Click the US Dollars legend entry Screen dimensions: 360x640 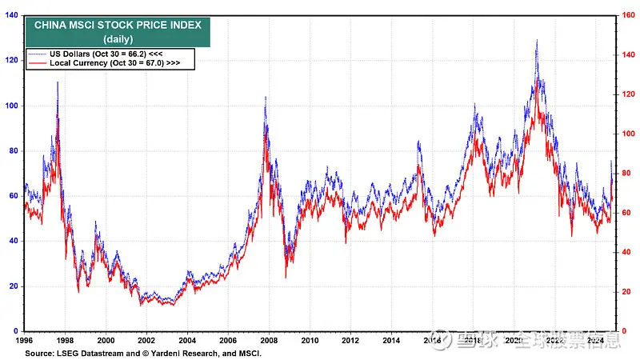click(113, 53)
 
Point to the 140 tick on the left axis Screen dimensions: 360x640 click(11, 15)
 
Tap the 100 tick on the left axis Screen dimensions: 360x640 click(11, 106)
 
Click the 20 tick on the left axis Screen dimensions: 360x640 click(14, 286)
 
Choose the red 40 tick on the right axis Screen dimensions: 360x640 click(628, 252)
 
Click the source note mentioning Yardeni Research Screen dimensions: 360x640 click(143, 352)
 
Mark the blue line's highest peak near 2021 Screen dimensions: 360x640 click(536, 40)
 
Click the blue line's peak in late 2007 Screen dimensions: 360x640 click(266, 97)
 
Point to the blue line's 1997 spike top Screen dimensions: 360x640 click(58, 82)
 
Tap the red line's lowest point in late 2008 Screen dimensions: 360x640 click(286, 278)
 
